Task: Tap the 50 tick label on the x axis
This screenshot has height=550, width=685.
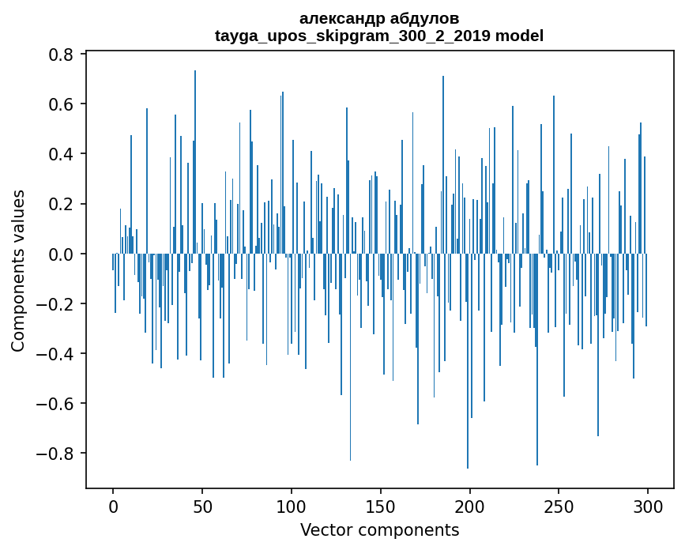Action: (x=202, y=505)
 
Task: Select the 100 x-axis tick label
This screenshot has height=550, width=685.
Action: (x=292, y=505)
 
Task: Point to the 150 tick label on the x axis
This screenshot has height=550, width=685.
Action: (x=381, y=505)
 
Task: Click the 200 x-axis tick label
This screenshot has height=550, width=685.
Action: (x=470, y=505)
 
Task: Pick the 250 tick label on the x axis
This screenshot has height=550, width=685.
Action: (x=559, y=505)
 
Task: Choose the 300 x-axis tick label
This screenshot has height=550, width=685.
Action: (x=648, y=505)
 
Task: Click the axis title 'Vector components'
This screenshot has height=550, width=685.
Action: (x=379, y=529)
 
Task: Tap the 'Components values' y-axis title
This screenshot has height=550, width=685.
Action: (x=18, y=270)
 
